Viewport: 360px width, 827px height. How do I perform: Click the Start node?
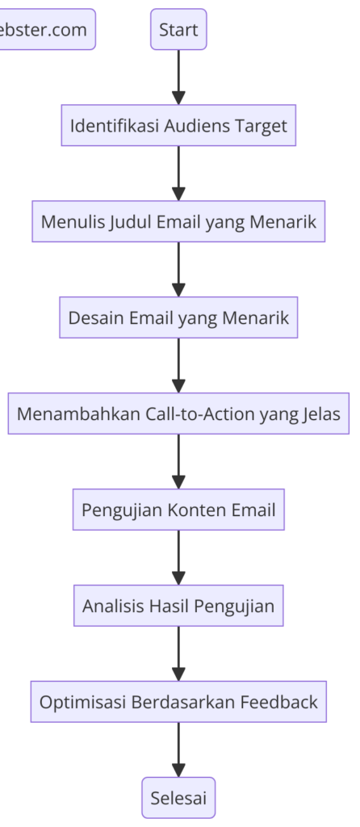[178, 30]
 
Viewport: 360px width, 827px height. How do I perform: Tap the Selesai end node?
[178, 797]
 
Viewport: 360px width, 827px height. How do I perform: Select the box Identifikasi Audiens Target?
[178, 126]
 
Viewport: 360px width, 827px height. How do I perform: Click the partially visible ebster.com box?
[45, 30]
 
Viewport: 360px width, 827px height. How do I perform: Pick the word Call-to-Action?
[202, 413]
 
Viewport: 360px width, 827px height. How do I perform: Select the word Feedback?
[278, 702]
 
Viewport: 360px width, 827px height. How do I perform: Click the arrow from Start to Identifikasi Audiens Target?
[178, 78]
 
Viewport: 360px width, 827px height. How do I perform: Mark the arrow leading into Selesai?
[178, 749]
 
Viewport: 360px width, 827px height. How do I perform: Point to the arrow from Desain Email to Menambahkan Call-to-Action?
[178, 366]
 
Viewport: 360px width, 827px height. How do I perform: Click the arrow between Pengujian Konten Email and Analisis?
[178, 557]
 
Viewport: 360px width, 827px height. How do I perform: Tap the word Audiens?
[194, 126]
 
